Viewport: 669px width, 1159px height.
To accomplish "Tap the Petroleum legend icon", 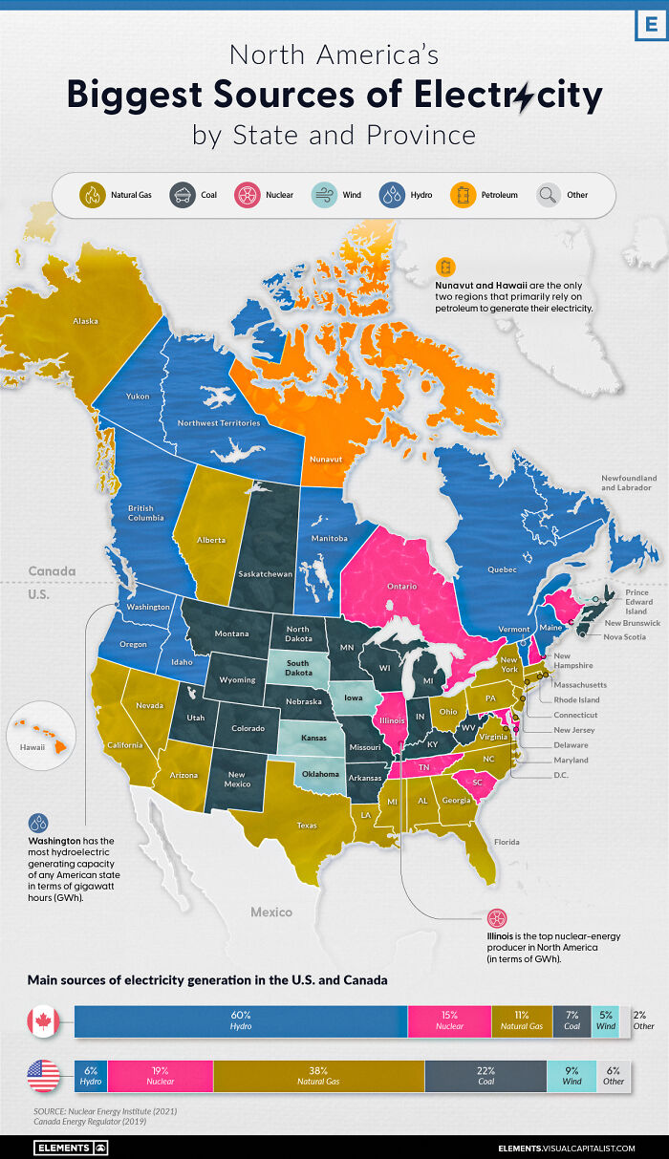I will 465,195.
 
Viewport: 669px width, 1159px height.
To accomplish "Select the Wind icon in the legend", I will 325,195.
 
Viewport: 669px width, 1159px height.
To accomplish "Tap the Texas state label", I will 307,825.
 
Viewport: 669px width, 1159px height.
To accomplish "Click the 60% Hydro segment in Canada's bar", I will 241,1020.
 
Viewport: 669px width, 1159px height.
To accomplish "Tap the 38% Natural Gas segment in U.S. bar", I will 318,1076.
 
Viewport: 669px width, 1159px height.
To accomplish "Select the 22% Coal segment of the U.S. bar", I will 487,1076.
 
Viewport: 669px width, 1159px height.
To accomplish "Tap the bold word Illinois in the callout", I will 505,935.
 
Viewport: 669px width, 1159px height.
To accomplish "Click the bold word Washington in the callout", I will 56,840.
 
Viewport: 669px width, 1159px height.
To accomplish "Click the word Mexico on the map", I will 271,912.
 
